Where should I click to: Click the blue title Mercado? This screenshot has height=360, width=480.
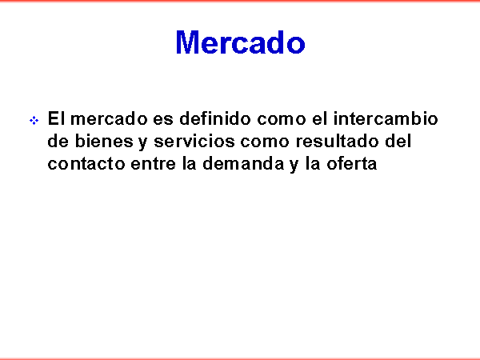click(x=240, y=42)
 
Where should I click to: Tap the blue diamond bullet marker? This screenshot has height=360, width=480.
click(x=34, y=120)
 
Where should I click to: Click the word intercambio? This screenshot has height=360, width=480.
click(x=386, y=118)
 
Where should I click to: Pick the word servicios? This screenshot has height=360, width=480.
click(x=194, y=141)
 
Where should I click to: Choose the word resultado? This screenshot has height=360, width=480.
click(x=338, y=141)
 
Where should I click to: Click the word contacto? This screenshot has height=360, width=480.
click(x=86, y=164)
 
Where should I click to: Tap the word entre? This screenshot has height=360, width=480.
click(x=153, y=164)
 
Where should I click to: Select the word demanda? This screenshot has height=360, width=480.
click(x=244, y=163)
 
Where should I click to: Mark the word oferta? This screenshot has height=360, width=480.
click(x=352, y=163)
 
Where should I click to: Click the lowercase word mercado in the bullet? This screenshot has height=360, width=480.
click(x=109, y=118)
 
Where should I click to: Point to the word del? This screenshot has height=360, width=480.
click(x=398, y=141)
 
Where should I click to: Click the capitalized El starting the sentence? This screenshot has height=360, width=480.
click(x=56, y=118)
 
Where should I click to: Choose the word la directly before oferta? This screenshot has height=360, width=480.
click(x=312, y=163)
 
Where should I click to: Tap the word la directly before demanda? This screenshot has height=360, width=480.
click(x=189, y=163)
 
